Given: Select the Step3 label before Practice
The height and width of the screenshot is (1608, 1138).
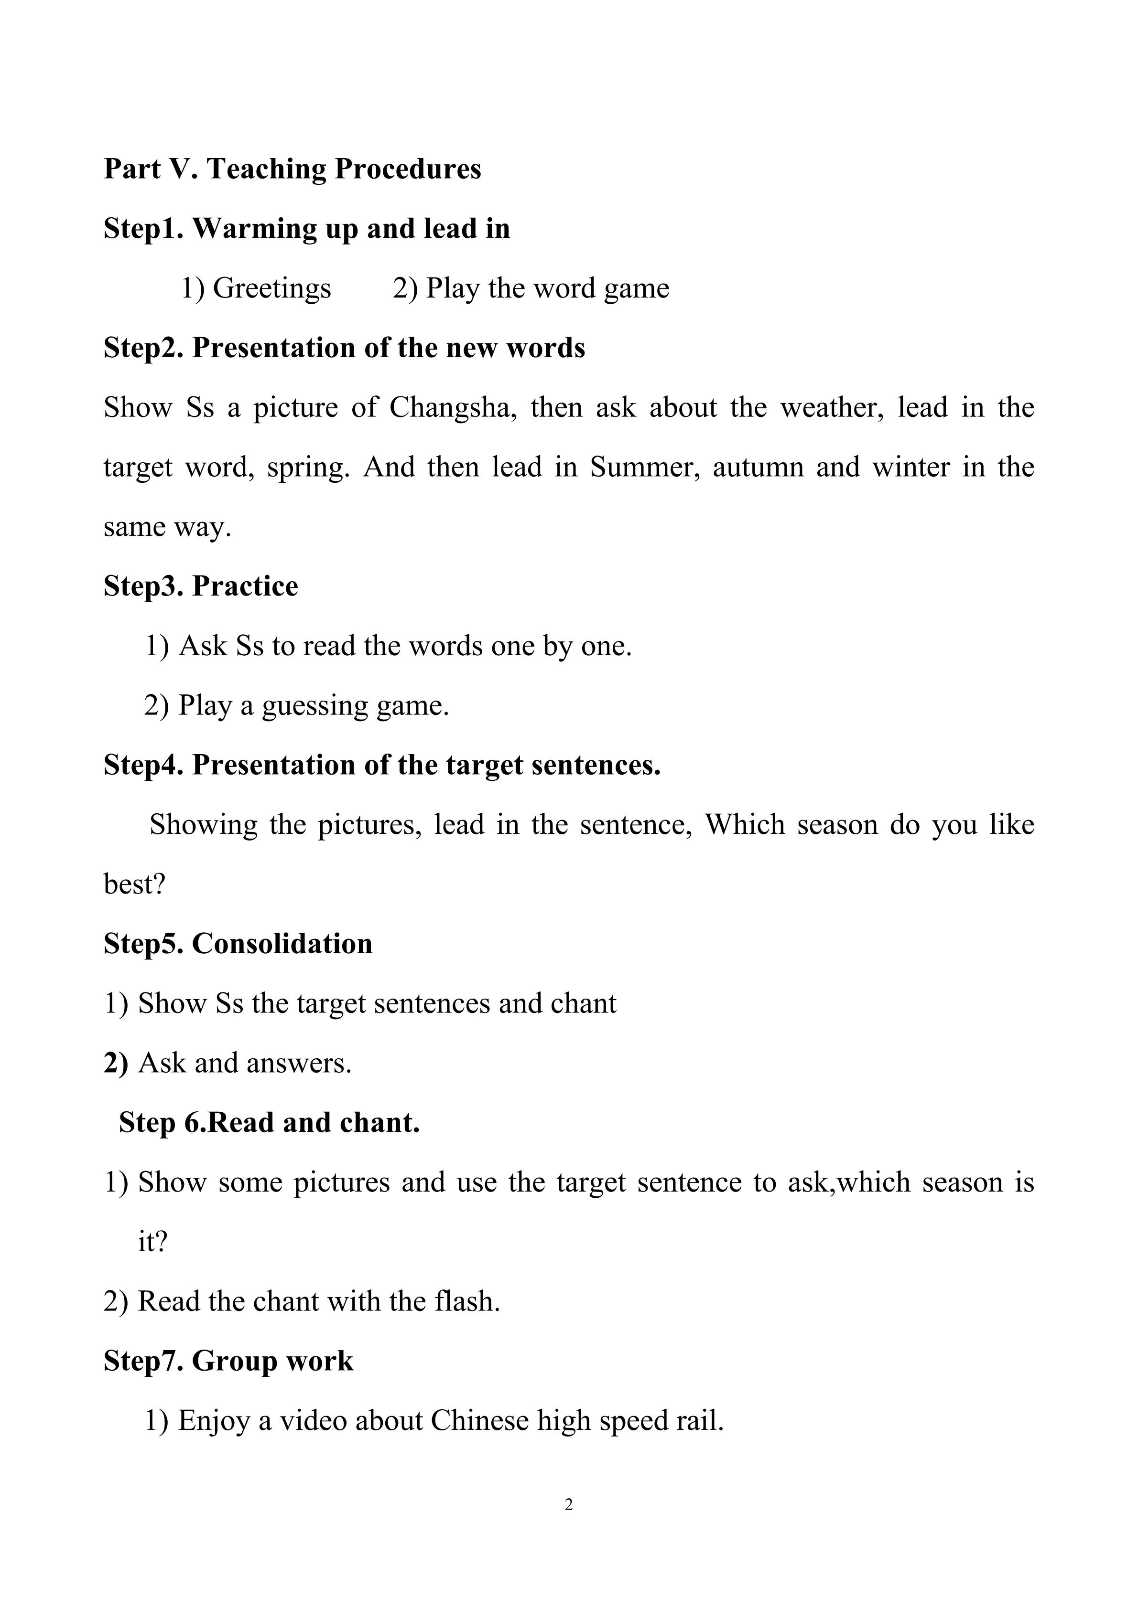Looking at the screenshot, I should [x=143, y=586].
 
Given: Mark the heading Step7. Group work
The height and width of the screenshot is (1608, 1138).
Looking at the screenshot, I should [x=228, y=1361].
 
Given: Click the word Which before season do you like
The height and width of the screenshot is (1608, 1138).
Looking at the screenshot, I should [x=744, y=825].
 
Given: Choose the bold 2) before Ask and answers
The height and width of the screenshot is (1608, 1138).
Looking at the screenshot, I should [x=116, y=1063].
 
